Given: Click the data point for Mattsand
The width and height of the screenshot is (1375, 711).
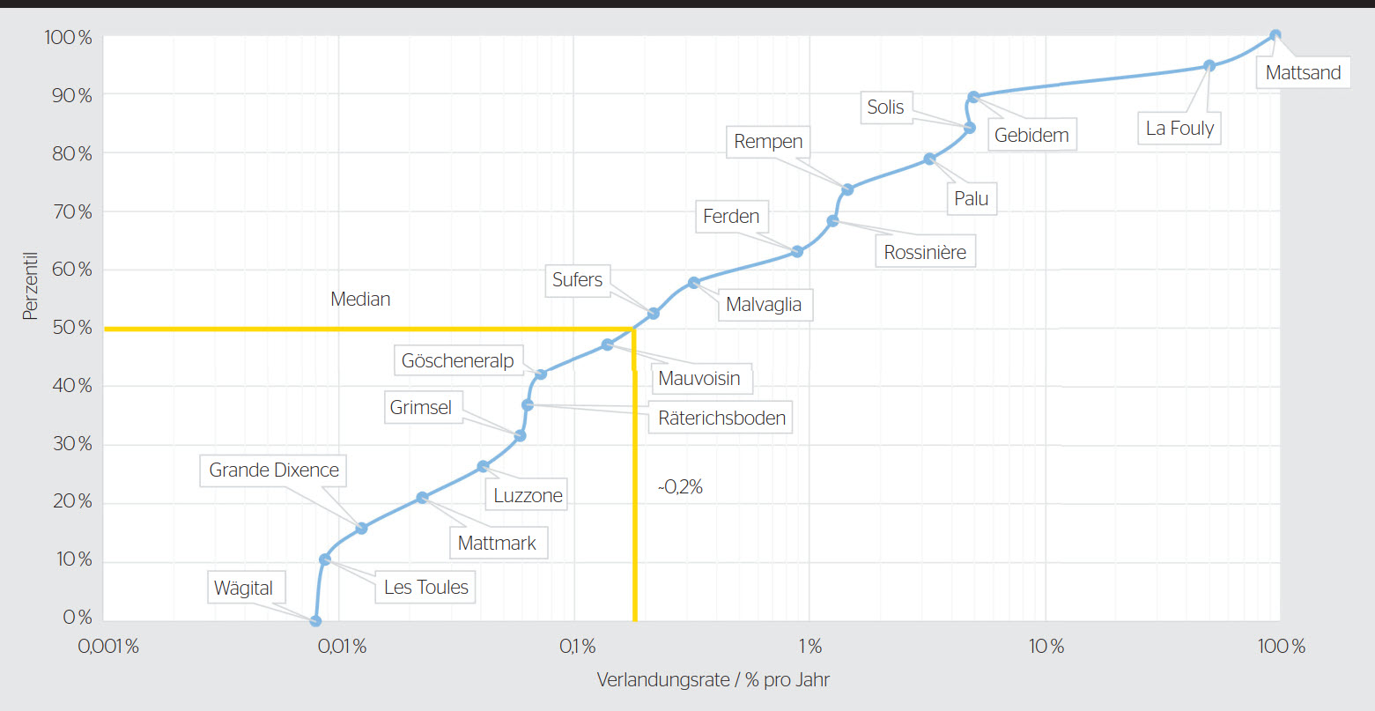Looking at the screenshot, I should (1275, 36).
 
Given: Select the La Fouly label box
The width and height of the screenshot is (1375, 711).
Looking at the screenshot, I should (1179, 129).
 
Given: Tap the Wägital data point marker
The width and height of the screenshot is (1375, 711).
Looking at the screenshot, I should (315, 621).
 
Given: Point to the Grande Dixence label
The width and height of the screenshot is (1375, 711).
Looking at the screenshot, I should (274, 470).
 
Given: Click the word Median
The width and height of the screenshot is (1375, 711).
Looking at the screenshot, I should (360, 300).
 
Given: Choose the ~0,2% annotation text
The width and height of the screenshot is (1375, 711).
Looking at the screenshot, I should (680, 487).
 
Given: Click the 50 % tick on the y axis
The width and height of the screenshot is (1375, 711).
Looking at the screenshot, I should (72, 328).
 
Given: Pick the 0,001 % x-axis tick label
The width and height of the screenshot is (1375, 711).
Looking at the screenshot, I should (109, 648).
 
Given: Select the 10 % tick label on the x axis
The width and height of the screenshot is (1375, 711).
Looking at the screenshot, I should (1046, 648).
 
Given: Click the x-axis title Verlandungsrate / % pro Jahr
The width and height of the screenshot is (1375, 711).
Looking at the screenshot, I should (713, 680).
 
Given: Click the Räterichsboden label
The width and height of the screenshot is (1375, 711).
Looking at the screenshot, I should (721, 418).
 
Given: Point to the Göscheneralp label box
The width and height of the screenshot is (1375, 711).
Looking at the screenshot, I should (457, 360).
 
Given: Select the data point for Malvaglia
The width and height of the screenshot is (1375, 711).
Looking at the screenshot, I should (693, 283).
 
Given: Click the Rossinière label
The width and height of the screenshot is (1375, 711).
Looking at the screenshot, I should (925, 253).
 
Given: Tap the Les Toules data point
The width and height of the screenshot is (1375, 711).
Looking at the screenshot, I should (325, 559).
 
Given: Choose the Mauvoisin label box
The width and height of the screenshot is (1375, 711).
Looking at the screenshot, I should (699, 380).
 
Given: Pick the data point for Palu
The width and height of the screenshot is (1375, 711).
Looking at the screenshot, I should (929, 159).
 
